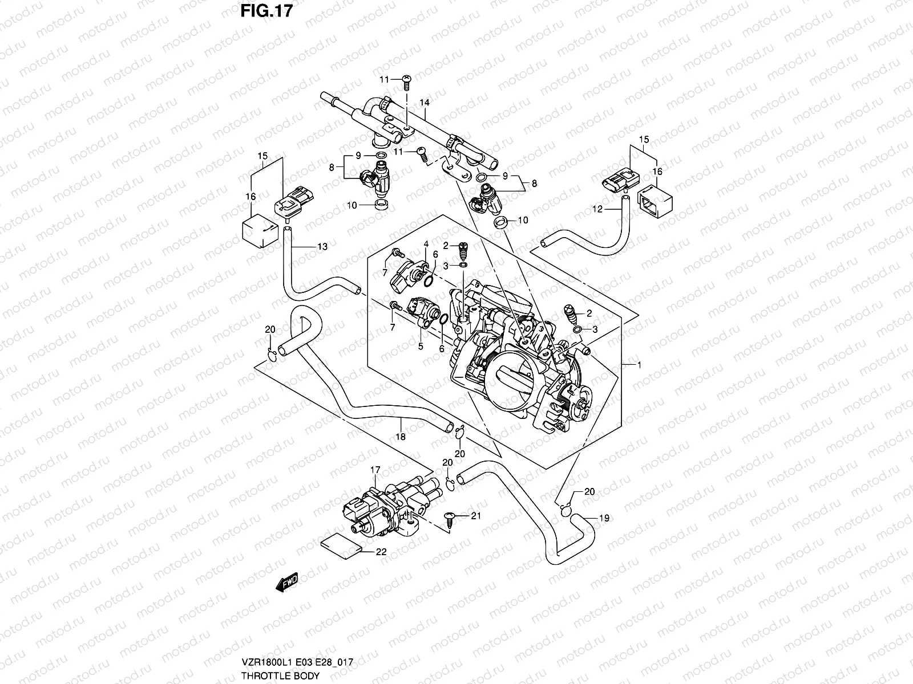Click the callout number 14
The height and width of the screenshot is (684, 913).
424,103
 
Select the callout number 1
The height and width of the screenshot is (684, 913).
639,365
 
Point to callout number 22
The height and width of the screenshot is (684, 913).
381,552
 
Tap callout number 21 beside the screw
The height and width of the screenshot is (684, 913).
475,515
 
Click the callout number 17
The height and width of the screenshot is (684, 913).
375,470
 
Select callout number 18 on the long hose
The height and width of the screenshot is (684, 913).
401,437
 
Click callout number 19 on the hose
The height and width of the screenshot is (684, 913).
605,518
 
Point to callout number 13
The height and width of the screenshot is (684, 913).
322,246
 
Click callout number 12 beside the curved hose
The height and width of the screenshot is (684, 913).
597,209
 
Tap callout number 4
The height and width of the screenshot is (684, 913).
426,245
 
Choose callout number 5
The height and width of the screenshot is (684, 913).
421,345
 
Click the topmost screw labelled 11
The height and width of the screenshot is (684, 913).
407,80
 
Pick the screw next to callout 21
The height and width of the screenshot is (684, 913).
449,518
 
